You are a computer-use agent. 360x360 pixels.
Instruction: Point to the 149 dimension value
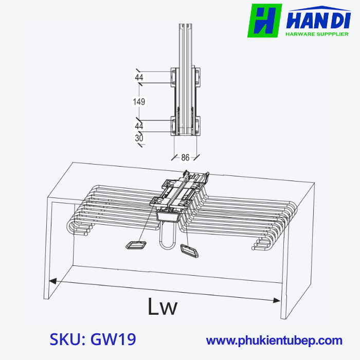click(x=139, y=102)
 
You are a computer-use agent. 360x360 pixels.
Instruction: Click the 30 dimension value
click(x=139, y=138)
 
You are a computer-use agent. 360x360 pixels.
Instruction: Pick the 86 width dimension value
click(x=186, y=158)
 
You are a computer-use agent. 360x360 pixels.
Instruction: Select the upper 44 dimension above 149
click(x=139, y=78)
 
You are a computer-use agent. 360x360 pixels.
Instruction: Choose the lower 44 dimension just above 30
click(x=139, y=126)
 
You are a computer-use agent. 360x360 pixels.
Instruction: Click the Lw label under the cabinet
click(x=163, y=307)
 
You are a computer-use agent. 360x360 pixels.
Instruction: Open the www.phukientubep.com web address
click(x=274, y=340)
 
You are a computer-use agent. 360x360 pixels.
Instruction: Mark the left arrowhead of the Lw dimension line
click(x=51, y=281)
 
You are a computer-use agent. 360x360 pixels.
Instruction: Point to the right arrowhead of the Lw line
click(x=278, y=300)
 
